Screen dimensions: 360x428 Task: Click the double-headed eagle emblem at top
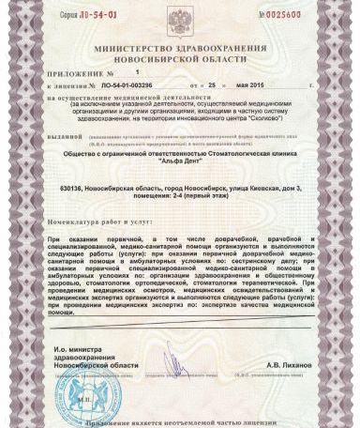click(x=179, y=16)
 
